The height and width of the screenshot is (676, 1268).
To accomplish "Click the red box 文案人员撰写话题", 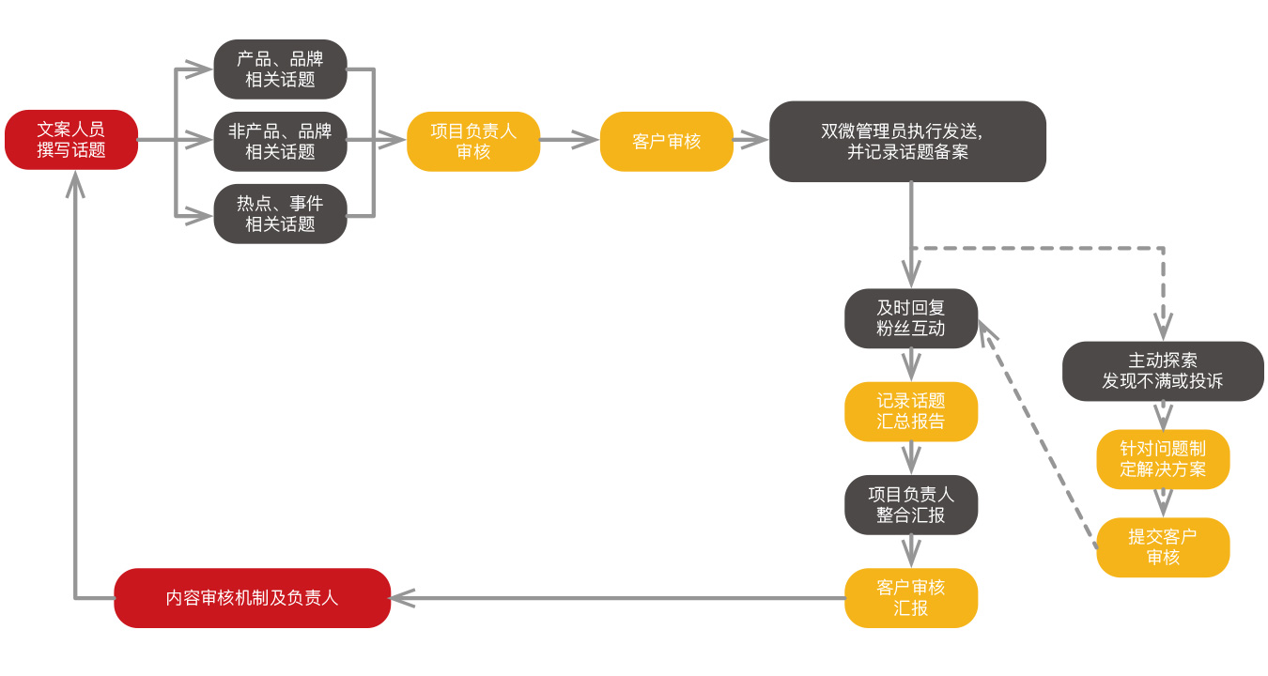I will pyautogui.click(x=71, y=140).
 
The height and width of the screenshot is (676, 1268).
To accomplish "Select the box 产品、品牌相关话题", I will pyautogui.click(x=280, y=69).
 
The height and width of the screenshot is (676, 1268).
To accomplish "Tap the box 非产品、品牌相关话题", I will pyautogui.click(x=280, y=141).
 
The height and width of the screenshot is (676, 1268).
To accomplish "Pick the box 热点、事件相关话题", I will pyautogui.click(x=280, y=214).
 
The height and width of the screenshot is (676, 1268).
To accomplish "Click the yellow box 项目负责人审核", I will pyautogui.click(x=473, y=141).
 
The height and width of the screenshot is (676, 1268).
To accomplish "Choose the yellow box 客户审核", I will pyautogui.click(x=667, y=141).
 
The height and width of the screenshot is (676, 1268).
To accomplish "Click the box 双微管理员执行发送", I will pyautogui.click(x=907, y=141).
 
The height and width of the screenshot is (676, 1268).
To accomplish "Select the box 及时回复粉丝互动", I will pyautogui.click(x=911, y=318).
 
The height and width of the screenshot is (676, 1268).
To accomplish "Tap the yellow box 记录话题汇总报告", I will pyautogui.click(x=911, y=411).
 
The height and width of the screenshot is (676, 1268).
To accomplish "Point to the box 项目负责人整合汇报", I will pyautogui.click(x=911, y=504).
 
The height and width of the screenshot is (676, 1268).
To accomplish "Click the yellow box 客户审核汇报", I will pyautogui.click(x=911, y=598).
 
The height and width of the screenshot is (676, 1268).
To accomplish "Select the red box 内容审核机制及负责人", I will pyautogui.click(x=252, y=598).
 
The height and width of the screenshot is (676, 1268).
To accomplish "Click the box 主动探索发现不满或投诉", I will pyautogui.click(x=1163, y=371).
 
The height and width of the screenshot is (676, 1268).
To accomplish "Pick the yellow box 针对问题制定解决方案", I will pyautogui.click(x=1163, y=459).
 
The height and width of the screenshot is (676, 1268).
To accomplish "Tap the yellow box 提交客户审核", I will pyautogui.click(x=1163, y=546).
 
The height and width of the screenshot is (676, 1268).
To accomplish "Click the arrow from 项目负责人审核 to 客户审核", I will pyautogui.click(x=569, y=141).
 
